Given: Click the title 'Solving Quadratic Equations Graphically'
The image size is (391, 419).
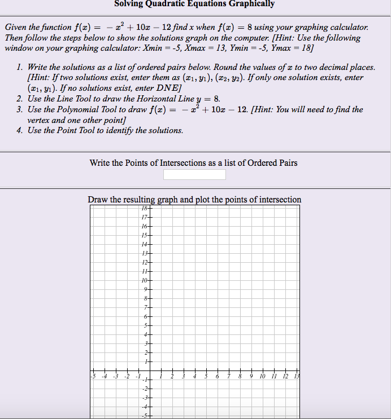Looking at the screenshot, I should point(194,4).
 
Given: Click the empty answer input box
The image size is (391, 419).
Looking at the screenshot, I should point(194,174).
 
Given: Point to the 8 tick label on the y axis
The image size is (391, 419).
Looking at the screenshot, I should point(145,298).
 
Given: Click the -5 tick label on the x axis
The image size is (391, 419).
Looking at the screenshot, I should point(92,377).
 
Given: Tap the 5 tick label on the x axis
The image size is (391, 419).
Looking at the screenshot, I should point(206,377).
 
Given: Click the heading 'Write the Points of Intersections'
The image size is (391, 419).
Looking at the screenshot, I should point(193,163).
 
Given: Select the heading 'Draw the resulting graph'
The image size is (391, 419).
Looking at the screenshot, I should point(194,200).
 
